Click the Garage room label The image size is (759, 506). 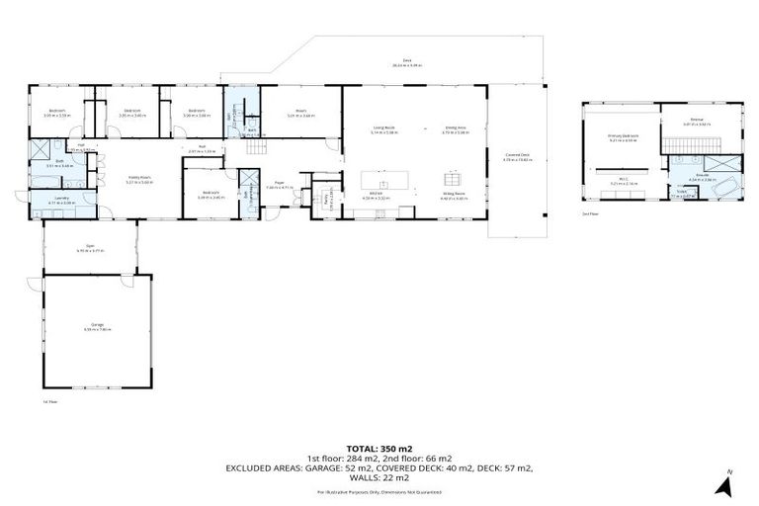98,328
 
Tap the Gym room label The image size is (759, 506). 89,249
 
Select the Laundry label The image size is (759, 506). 60,201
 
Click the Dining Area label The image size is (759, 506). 456,128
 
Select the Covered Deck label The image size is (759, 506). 517,157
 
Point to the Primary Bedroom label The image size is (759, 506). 623,137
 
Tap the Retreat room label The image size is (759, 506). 697,122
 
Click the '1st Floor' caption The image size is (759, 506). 50,402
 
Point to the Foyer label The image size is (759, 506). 281,183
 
